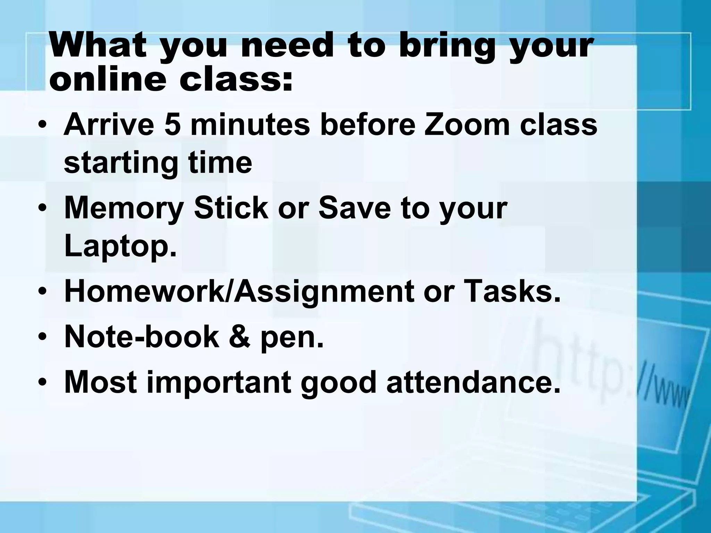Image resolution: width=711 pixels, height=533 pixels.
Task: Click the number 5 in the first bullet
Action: click(x=173, y=125)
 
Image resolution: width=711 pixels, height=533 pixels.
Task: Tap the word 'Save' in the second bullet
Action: click(x=354, y=208)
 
